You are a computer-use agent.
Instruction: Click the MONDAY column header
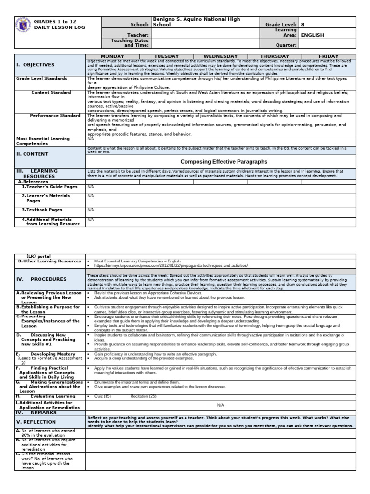(x=113, y=56)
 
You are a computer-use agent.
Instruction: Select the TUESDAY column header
(x=166, y=56)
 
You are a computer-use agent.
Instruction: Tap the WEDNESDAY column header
(x=220, y=56)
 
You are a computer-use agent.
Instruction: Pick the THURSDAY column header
(x=274, y=56)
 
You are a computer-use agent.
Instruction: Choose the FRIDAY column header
(x=329, y=56)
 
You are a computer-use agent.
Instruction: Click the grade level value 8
(x=303, y=24)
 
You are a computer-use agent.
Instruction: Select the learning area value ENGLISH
(x=312, y=35)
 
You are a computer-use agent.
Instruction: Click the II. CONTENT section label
(x=32, y=154)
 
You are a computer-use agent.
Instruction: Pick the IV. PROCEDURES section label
(x=41, y=279)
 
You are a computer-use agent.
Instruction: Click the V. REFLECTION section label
(x=36, y=421)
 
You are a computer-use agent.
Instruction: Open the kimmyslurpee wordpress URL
(x=171, y=266)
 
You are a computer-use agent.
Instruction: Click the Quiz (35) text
(x=103, y=396)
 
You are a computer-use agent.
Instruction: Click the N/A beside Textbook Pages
(x=91, y=210)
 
